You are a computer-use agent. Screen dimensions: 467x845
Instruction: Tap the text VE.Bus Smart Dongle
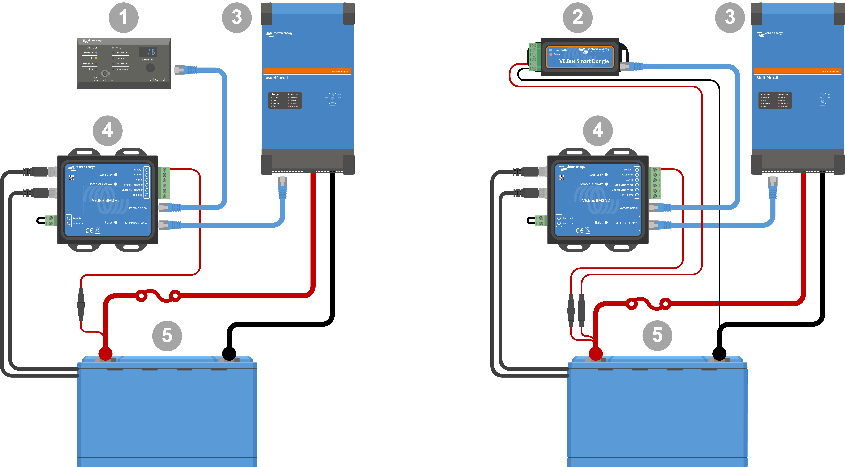point(584,61)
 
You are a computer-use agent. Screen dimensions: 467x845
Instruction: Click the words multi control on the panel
point(155,79)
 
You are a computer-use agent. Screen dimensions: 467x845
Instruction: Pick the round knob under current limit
point(150,68)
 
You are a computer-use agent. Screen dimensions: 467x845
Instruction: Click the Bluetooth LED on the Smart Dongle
point(551,50)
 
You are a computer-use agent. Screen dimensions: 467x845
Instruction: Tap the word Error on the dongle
point(557,54)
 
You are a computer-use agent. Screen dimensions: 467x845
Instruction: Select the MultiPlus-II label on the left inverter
point(277,78)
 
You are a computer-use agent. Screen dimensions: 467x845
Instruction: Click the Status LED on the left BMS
point(116,223)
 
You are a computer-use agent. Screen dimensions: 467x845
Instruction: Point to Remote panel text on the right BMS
point(628,208)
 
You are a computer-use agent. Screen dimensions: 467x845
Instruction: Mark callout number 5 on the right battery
point(657,335)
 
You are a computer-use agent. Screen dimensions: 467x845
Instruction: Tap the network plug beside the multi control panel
point(184,70)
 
